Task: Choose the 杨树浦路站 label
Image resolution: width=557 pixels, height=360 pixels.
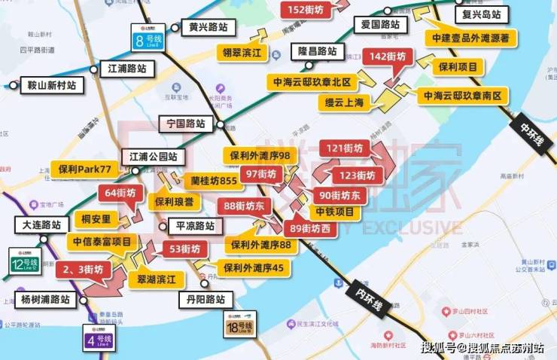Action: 45,299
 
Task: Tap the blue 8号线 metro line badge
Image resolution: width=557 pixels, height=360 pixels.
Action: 148,38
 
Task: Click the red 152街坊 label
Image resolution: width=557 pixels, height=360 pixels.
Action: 305,10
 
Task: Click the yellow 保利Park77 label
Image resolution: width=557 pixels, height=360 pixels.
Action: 84,169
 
